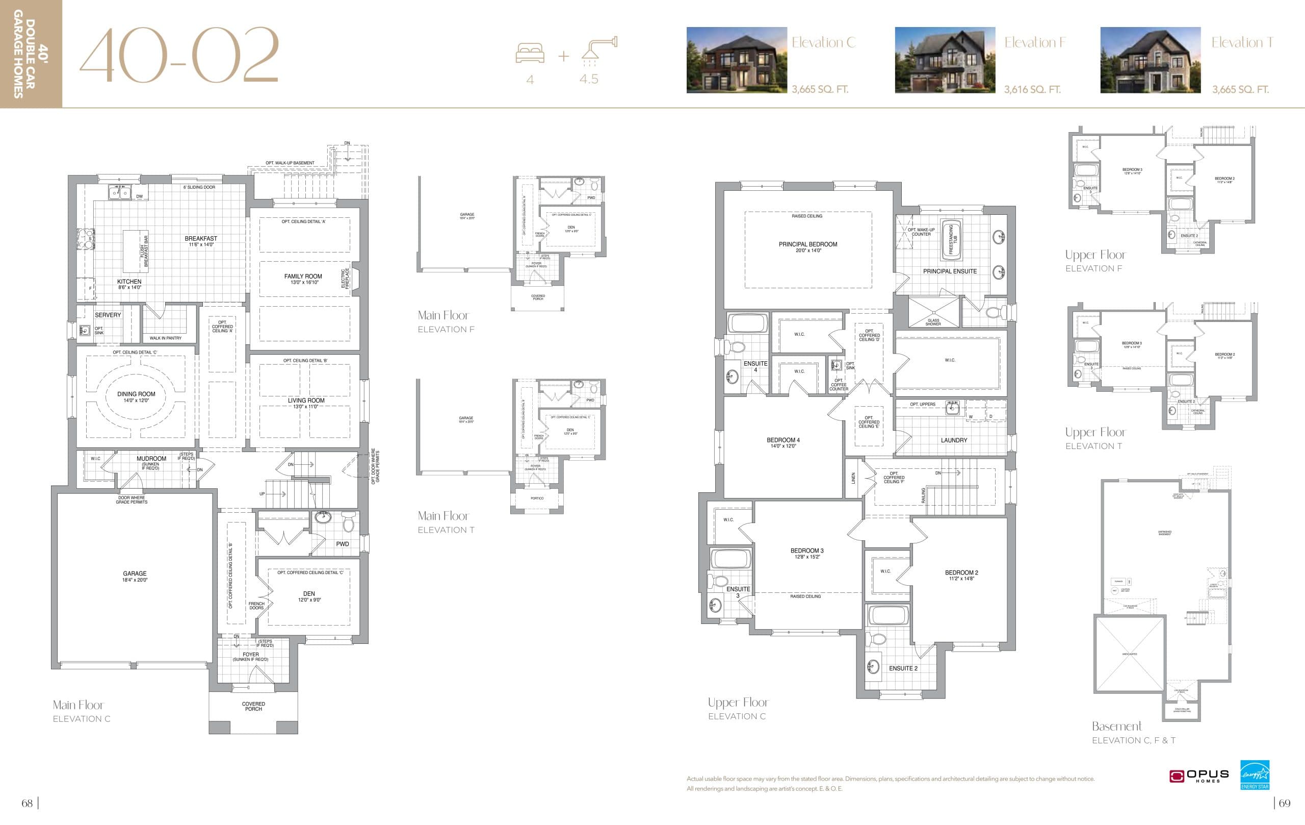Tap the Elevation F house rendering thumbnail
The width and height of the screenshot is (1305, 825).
pos(945,60)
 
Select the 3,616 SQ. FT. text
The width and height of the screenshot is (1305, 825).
pos(1032,89)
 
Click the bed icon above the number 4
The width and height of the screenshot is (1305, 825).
pos(530,54)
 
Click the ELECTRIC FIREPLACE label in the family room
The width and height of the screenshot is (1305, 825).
pos(345,279)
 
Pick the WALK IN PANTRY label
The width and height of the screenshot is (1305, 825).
pos(165,338)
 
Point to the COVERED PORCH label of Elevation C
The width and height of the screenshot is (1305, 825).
pos(253,706)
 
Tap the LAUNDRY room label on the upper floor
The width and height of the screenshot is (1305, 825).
pos(954,440)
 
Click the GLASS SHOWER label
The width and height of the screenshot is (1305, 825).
pos(933,321)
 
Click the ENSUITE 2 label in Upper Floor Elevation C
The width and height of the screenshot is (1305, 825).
pos(903,668)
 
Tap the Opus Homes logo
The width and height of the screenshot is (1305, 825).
pos(1198,776)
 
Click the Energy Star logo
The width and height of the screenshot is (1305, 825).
pos(1255,774)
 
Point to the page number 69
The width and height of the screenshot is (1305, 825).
pos(1285,803)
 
